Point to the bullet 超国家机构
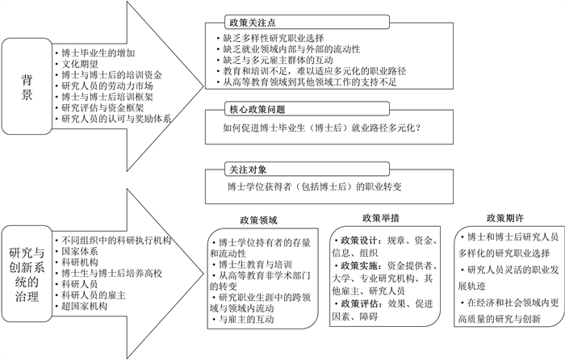(84, 307)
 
